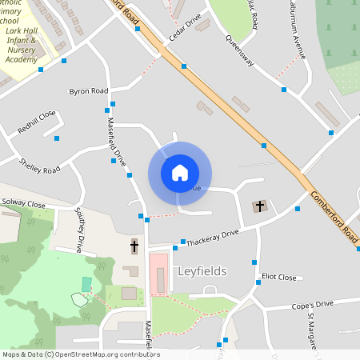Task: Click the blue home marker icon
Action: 179,173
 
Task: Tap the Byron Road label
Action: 88,91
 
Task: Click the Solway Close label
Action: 24,204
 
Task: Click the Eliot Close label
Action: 278,278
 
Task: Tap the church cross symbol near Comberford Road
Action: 258,206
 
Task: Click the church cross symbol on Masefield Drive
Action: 134,246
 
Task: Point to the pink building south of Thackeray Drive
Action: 159,272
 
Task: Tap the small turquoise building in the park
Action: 86,284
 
